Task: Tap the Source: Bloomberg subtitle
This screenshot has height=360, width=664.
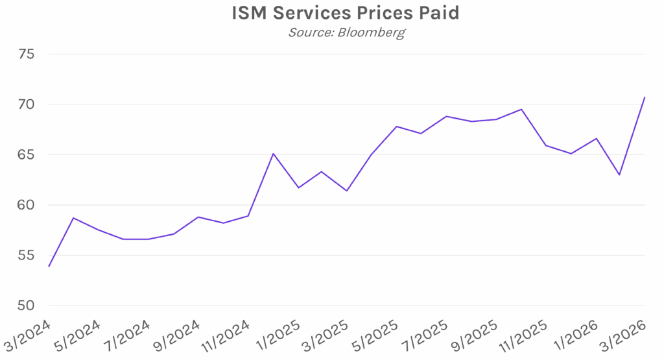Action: [x=346, y=32]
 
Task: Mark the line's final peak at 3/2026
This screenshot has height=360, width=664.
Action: [x=645, y=97]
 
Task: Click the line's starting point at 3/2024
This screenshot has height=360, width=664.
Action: [x=49, y=266]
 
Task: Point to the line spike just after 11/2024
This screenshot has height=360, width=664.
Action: [x=273, y=154]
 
